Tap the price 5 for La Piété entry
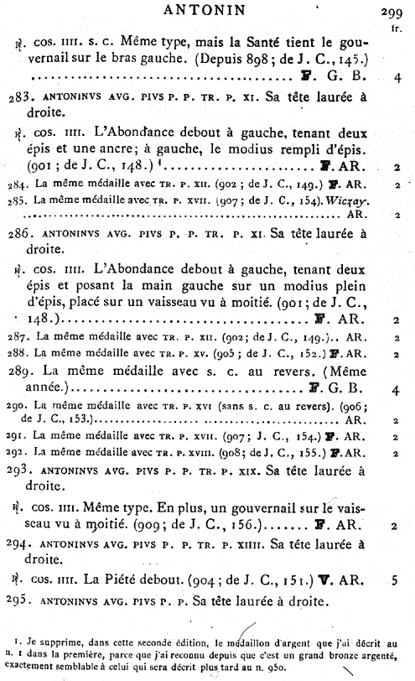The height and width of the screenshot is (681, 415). [x=396, y=579]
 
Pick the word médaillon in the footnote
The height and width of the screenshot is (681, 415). [x=236, y=646]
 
